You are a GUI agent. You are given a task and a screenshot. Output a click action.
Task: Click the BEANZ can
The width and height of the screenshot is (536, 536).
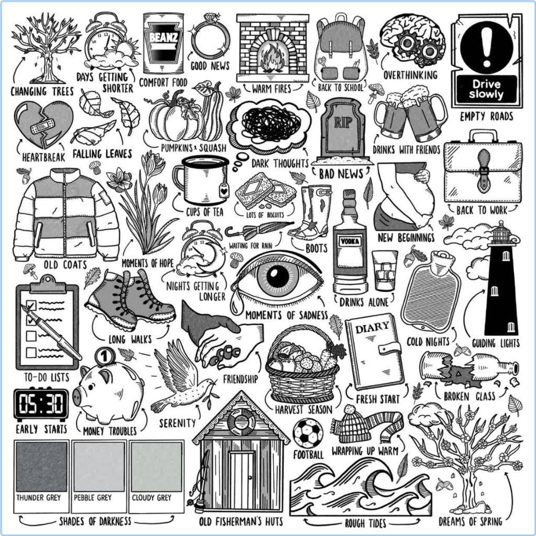point(163,44)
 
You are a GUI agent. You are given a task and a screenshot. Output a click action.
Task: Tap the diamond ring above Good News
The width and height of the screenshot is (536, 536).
point(210,40)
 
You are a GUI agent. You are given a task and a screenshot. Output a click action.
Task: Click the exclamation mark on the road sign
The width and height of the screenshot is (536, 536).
point(487,44)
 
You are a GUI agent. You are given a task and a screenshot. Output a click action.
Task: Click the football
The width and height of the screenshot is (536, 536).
point(308,432)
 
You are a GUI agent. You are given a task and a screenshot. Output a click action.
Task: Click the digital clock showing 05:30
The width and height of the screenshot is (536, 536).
point(41,404)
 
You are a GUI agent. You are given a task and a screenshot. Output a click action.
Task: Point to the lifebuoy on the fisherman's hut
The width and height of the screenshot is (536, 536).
point(241,421)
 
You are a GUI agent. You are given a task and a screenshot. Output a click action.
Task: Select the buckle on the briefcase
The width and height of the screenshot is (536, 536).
point(484,170)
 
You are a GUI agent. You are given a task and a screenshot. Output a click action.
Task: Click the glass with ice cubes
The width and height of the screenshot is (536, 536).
point(385,270)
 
